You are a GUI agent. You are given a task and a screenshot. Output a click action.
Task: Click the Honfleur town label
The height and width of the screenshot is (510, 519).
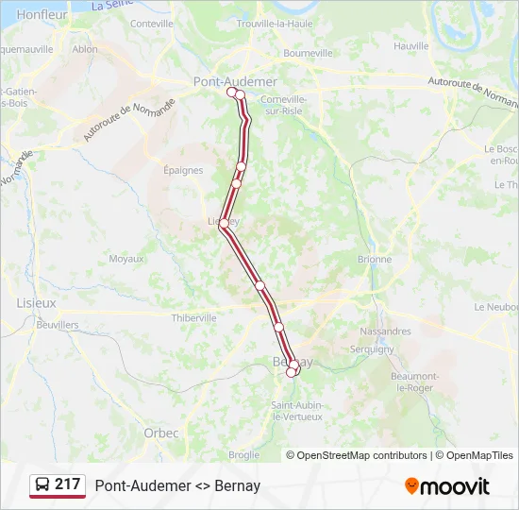(x=42, y=14)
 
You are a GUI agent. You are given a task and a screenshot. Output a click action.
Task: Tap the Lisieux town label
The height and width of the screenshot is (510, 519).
(x=37, y=303)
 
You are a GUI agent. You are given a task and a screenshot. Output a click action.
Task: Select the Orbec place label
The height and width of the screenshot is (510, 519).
(x=161, y=433)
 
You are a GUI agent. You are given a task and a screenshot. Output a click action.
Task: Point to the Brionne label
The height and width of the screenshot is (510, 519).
(x=375, y=259)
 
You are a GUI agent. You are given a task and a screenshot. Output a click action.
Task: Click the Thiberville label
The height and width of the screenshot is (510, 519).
(x=193, y=318)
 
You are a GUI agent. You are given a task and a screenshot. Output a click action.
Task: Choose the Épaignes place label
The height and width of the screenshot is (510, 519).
(x=183, y=171)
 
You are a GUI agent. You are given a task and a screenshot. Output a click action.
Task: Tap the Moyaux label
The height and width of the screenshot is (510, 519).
(x=126, y=259)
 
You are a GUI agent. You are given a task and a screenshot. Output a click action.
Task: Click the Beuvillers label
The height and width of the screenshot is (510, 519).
(x=58, y=324)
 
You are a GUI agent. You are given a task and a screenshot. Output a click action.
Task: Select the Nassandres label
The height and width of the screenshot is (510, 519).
(x=385, y=331)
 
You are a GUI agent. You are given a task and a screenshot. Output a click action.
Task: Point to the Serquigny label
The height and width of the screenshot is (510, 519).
(x=372, y=348)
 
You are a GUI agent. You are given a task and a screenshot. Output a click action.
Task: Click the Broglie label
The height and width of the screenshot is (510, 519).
(x=243, y=454)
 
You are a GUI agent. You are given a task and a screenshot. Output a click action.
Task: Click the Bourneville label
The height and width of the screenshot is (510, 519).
(x=309, y=53)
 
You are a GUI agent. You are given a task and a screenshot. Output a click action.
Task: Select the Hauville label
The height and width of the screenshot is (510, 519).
(x=411, y=45)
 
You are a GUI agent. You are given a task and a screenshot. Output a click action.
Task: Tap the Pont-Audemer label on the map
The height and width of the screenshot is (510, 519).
(x=235, y=81)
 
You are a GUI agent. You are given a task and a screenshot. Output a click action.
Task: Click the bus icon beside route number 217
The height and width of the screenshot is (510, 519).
(x=42, y=485)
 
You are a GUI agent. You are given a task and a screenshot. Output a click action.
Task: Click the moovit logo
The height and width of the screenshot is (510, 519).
(x=447, y=486)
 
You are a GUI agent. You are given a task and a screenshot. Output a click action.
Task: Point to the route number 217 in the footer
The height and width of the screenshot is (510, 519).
(x=67, y=484)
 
